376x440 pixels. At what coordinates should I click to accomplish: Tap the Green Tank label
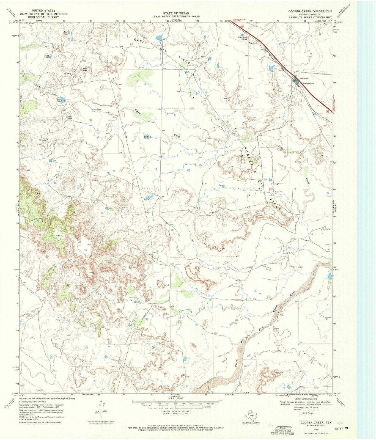303,79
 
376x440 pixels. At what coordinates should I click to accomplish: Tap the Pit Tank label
97,110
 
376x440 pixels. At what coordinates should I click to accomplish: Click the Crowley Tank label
45,139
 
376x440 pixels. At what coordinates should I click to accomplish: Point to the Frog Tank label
85,70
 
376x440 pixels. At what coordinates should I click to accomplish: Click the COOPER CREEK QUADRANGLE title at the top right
310,11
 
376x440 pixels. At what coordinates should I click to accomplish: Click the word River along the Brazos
292,294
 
